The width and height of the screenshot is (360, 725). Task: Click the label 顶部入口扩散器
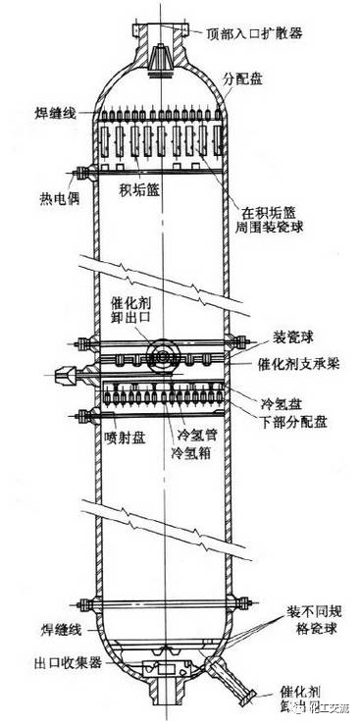(x=254, y=32)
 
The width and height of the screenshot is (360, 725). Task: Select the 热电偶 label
(x=32, y=193)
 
